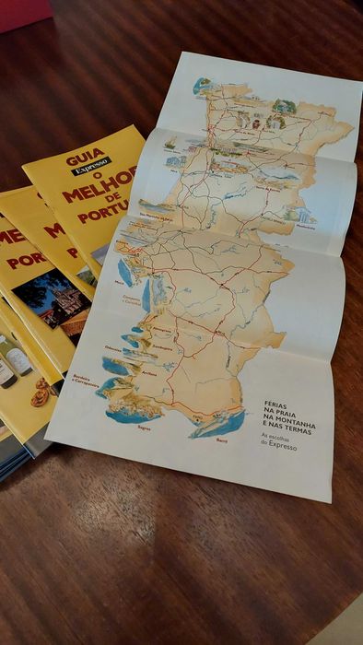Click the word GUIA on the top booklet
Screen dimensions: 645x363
tap(85, 159)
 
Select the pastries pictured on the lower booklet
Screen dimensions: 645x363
tap(40, 393)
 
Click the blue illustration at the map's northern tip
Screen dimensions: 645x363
tap(202, 86)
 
